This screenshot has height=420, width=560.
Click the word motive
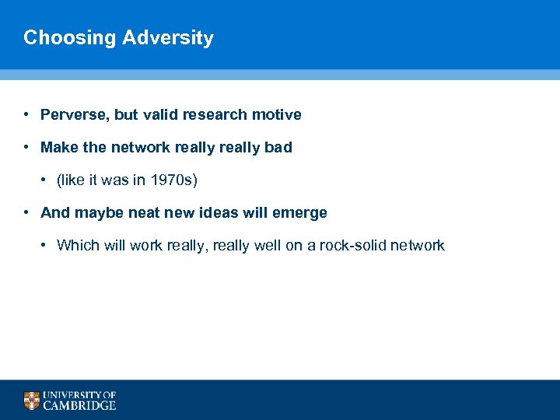pyautogui.click(x=276, y=115)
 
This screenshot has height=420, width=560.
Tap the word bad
pyautogui.click(x=278, y=148)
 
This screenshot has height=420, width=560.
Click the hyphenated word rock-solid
pyautogui.click(x=353, y=246)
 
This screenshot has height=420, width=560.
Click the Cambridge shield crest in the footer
pyautogui.click(x=31, y=401)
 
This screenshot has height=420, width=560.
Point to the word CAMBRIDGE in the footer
pyautogui.click(x=79, y=405)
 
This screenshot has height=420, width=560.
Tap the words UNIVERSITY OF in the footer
pyautogui.click(x=79, y=395)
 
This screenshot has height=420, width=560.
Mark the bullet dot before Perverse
pyautogui.click(x=27, y=115)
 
